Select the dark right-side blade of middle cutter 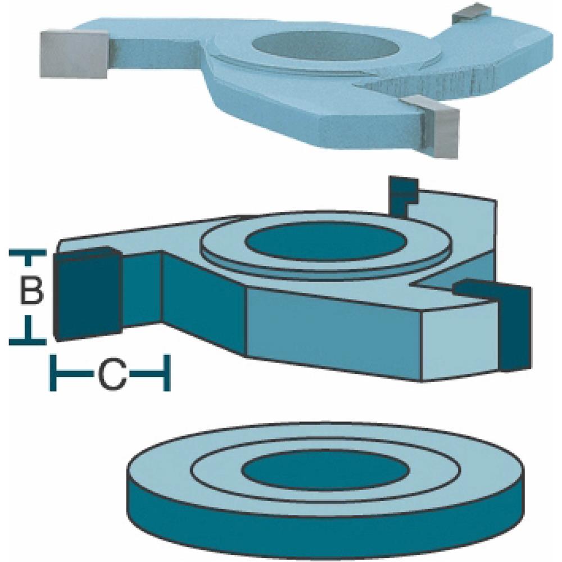[514, 326]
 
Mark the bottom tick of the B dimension [27, 339]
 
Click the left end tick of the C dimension [54, 372]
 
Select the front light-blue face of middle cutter [332, 332]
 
